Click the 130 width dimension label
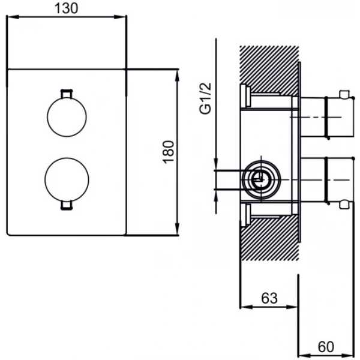(67, 8)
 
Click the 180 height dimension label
(169, 152)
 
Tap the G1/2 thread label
(205, 98)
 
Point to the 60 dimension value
(326, 347)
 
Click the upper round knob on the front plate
(67, 117)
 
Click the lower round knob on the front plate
(67, 179)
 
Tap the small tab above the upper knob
(67, 94)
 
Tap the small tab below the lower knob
(67, 205)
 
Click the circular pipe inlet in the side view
(261, 180)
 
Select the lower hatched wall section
(269, 238)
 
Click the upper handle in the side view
(327, 118)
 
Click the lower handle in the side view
(327, 180)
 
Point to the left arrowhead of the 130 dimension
(13, 17)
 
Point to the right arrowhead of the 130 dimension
(120, 17)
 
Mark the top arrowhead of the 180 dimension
(177, 76)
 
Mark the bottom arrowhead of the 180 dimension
(177, 229)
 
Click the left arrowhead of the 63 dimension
(247, 307)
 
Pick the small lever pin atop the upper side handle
(344, 94)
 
